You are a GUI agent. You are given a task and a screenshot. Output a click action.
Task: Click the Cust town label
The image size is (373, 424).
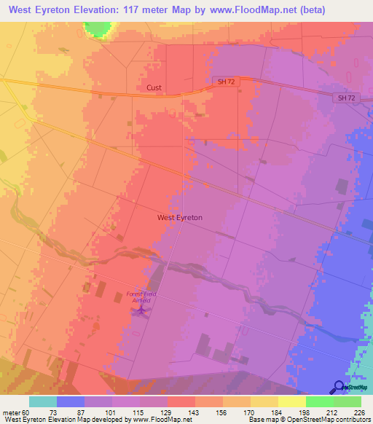(x=154, y=87)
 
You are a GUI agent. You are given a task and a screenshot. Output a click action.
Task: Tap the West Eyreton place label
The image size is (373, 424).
(x=179, y=217)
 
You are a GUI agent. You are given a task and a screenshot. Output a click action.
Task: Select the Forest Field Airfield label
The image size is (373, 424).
(x=141, y=297)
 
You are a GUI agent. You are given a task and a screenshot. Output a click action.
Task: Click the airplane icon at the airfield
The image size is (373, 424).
(x=141, y=312)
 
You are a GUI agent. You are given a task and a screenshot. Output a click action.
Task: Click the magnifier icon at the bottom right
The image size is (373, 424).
(x=339, y=388)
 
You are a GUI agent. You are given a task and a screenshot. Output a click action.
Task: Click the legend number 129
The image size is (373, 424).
(x=167, y=412)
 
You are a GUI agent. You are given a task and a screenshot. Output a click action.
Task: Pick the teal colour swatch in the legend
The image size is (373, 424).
(x=43, y=401)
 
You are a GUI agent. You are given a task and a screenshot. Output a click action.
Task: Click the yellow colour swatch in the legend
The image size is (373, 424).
(x=292, y=401)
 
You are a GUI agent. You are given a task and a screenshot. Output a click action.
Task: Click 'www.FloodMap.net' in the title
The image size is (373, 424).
(x=248, y=9)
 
